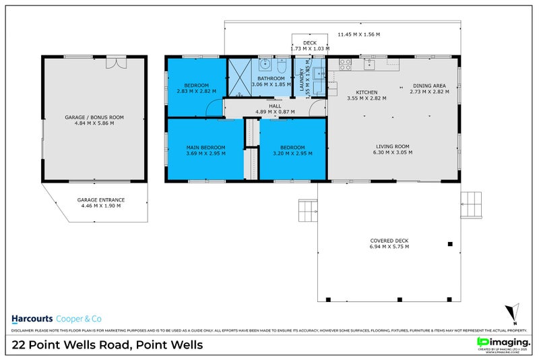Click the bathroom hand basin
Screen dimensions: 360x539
pos(266,65)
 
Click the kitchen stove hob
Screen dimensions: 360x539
pos(345,65)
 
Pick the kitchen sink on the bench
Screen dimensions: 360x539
pos(369,65)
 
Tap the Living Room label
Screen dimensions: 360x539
pos(392,149)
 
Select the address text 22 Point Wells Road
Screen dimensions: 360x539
pos(107,345)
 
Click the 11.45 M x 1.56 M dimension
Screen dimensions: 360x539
pos(358,34)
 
